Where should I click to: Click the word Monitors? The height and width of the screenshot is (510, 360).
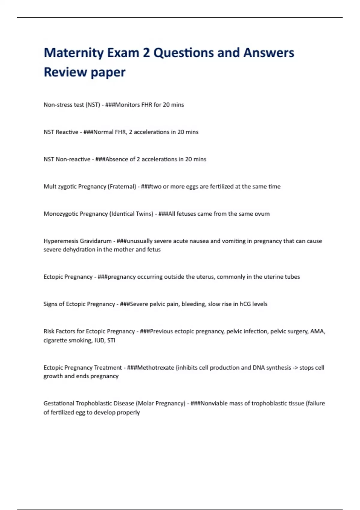[127, 105]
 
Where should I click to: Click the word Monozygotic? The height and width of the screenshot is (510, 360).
[61, 214]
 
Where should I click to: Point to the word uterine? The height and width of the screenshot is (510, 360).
[274, 277]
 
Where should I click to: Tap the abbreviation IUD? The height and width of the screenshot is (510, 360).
[99, 340]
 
